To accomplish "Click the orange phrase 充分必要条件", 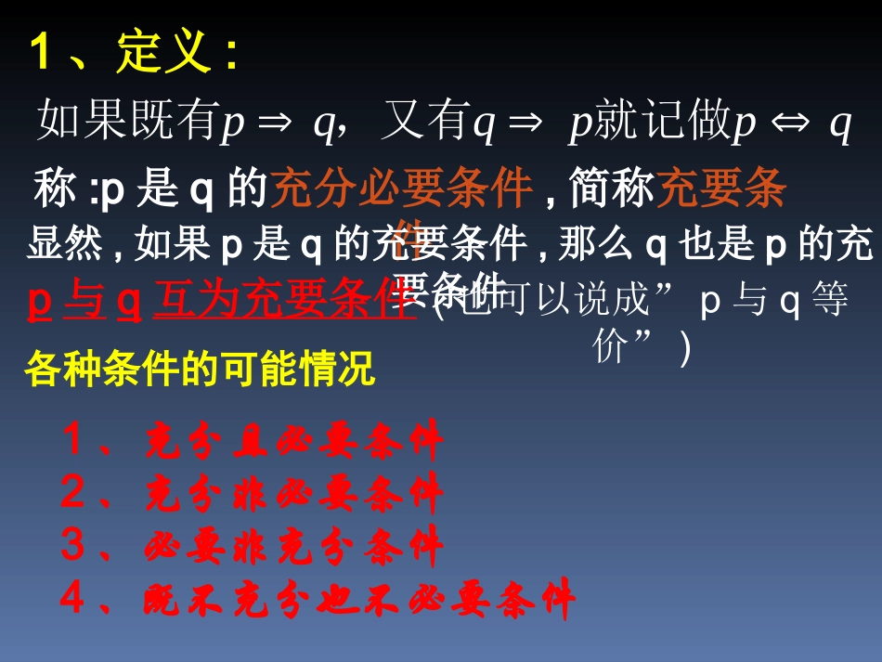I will coord(401,188).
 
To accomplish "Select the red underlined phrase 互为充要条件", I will coord(283,302).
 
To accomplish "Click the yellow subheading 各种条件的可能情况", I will coord(200,370).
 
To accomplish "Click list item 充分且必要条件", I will coord(294,442).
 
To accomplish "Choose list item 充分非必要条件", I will coord(294,493).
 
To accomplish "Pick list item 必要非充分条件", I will coord(294,547).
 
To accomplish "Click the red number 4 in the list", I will coord(73,599).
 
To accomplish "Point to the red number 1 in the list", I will coord(73,440).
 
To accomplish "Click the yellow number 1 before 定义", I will coord(40,54).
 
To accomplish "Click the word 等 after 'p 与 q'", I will coord(828,303).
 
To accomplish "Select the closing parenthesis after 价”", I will coord(685,349).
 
